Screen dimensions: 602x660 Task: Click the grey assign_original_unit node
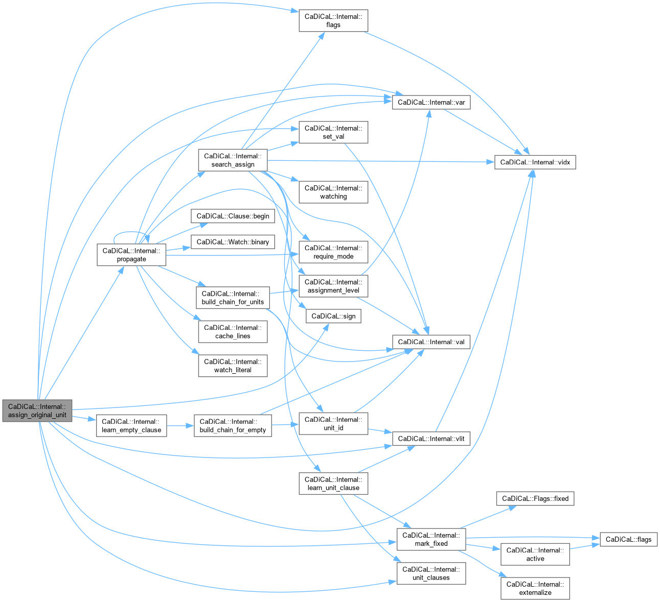click(37, 411)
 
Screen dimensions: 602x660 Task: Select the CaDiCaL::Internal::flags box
click(333, 20)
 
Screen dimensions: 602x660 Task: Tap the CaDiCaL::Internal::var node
click(431, 102)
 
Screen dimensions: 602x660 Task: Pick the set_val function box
click(333, 132)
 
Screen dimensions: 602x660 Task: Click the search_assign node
click(233, 160)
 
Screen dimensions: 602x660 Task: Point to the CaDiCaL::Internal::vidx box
click(535, 162)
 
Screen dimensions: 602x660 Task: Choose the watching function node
click(333, 192)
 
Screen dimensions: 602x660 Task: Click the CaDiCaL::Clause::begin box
click(233, 216)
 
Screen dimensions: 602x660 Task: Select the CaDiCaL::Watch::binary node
click(233, 242)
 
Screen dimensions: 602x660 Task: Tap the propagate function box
click(131, 255)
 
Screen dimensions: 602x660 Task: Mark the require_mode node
click(333, 252)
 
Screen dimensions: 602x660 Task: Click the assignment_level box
click(333, 286)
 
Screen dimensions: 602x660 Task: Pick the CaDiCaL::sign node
click(333, 316)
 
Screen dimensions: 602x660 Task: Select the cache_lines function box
click(233, 332)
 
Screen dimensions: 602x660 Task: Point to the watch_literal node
click(233, 366)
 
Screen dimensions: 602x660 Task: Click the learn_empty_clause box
click(131, 425)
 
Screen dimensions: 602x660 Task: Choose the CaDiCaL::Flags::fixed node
click(535, 498)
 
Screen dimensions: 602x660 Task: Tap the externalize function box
click(535, 588)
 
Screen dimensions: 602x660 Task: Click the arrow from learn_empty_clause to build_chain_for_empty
click(180, 425)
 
